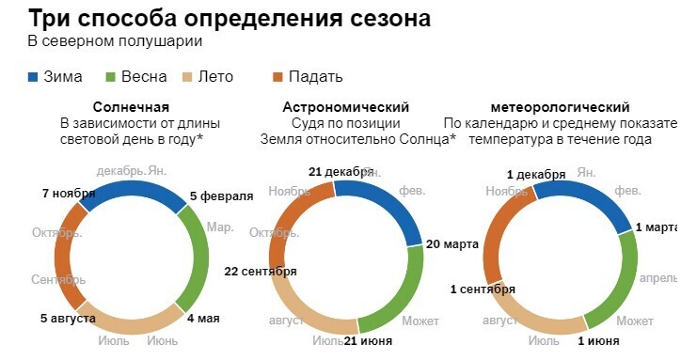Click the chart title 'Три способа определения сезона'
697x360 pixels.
[230, 18]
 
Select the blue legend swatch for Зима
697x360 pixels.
[34, 76]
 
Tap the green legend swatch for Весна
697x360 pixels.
[110, 76]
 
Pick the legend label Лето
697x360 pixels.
[215, 76]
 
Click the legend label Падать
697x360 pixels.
[316, 76]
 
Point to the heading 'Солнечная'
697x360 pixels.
[131, 107]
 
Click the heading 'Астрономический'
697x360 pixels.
[346, 107]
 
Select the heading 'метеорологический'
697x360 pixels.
[561, 107]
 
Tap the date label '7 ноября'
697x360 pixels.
[69, 195]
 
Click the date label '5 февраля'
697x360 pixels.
[221, 196]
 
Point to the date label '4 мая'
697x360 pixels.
[203, 318]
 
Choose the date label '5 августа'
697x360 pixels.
[68, 318]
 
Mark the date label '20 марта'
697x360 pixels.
[454, 243]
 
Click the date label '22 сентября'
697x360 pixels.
[261, 271]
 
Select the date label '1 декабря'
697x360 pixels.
[536, 175]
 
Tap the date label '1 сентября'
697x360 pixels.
[483, 289]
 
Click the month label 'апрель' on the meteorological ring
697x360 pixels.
[658, 279]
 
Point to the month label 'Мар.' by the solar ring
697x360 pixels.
[220, 227]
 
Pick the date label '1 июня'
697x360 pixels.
[598, 340]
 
